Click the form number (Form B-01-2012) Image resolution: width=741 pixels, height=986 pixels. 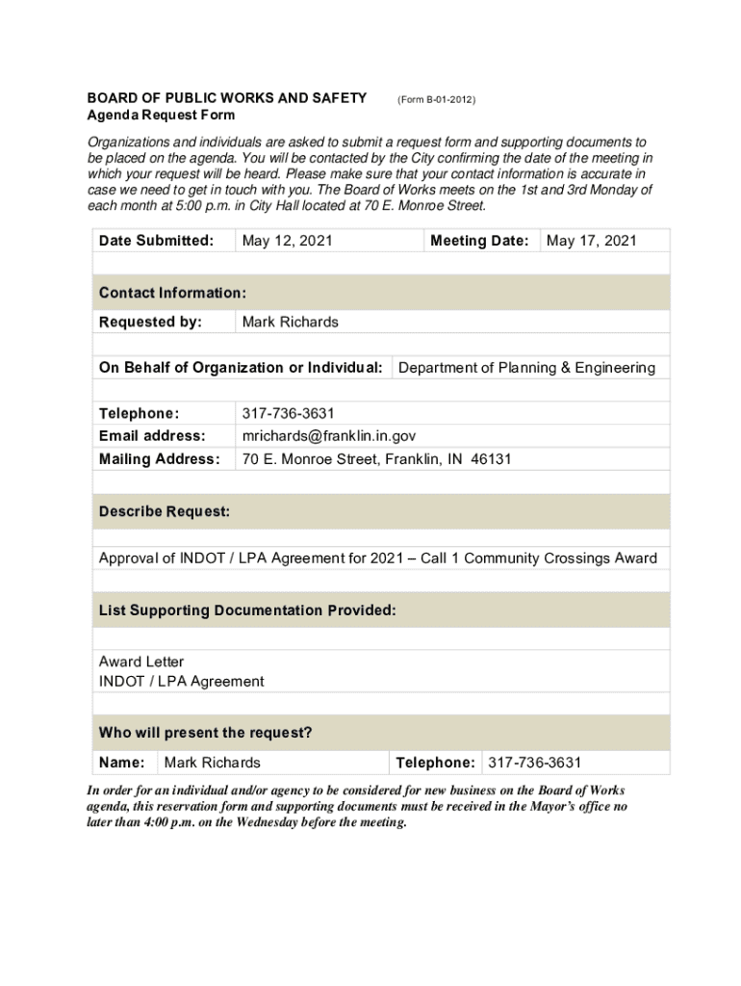click(x=436, y=99)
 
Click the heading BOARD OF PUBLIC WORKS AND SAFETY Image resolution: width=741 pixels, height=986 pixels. click(x=227, y=98)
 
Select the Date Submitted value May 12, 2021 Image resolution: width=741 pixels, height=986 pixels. click(x=287, y=241)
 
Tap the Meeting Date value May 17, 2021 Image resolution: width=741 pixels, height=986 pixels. click(x=591, y=241)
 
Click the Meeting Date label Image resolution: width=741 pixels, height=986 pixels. click(x=479, y=241)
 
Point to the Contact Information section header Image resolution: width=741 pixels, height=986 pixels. click(x=172, y=293)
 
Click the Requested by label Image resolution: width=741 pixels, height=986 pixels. click(x=150, y=322)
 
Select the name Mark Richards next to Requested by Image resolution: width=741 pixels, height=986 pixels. click(x=290, y=322)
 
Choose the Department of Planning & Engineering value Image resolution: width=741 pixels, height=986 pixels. click(x=526, y=368)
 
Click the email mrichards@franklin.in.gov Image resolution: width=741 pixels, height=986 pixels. click(x=328, y=436)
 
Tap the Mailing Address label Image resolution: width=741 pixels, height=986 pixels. click(x=159, y=459)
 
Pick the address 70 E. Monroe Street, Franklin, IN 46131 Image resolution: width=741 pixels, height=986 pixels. click(x=376, y=459)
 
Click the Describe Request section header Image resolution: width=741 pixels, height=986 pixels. click(x=164, y=512)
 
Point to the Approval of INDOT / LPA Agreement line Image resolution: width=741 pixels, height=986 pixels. click(x=378, y=558)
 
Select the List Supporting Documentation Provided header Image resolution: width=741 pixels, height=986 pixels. click(x=247, y=611)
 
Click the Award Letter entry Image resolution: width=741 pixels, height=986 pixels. click(x=141, y=662)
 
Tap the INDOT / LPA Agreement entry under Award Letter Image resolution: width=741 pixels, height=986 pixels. click(x=181, y=682)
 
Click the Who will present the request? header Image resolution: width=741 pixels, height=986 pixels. click(x=205, y=733)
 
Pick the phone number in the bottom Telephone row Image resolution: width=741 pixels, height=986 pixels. click(x=534, y=763)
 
